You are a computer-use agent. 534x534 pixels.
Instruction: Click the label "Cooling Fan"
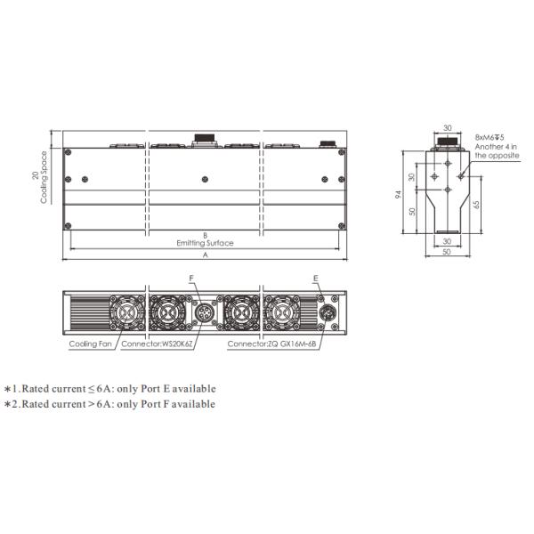click(90, 344)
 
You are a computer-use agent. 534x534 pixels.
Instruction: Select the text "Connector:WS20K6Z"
click(157, 344)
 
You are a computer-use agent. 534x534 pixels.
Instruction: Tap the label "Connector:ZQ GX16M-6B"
click(271, 344)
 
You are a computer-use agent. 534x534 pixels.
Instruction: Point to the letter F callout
click(191, 279)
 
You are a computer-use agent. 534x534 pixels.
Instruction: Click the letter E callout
click(316, 279)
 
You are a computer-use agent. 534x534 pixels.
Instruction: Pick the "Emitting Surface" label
click(205, 243)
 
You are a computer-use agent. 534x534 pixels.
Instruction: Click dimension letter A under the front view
click(206, 255)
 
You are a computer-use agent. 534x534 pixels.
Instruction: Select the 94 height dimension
click(398, 194)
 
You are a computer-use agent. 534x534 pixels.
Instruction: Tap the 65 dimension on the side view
click(476, 205)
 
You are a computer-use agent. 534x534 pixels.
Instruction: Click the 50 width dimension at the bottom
click(447, 252)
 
